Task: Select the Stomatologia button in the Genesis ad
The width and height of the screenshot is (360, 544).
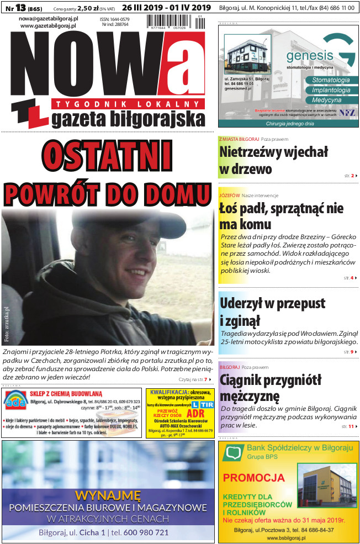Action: (x=331, y=80)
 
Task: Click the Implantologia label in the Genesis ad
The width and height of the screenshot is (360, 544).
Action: (x=331, y=90)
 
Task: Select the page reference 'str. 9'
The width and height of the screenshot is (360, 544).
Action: (x=348, y=351)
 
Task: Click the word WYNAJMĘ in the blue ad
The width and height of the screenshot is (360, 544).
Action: (x=108, y=494)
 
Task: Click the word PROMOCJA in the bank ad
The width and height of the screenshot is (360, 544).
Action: (x=253, y=477)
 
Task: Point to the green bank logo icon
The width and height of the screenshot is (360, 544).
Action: (x=232, y=452)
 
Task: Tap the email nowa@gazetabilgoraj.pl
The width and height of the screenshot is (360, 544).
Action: (x=48, y=18)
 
